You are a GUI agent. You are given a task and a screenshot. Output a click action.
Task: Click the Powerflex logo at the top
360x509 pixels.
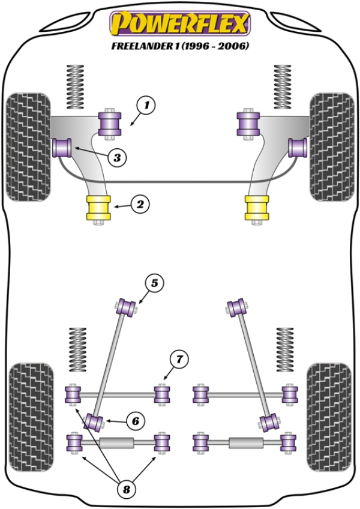(x=179, y=24)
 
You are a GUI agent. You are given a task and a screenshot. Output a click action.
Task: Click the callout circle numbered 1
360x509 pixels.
(x=146, y=106)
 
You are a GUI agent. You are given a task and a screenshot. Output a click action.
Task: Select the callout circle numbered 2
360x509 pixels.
(x=139, y=205)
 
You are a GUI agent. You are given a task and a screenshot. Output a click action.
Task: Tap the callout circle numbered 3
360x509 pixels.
(x=118, y=158)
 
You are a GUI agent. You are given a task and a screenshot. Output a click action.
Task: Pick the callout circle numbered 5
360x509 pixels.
(x=154, y=283)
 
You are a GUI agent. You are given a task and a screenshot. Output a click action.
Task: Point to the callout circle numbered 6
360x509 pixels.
(x=136, y=421)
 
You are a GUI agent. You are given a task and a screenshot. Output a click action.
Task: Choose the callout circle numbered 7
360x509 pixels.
(x=178, y=360)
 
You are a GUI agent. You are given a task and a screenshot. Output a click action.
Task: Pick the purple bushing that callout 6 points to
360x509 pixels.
(x=94, y=422)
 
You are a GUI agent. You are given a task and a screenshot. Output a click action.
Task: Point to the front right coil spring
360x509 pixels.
(x=281, y=86)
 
